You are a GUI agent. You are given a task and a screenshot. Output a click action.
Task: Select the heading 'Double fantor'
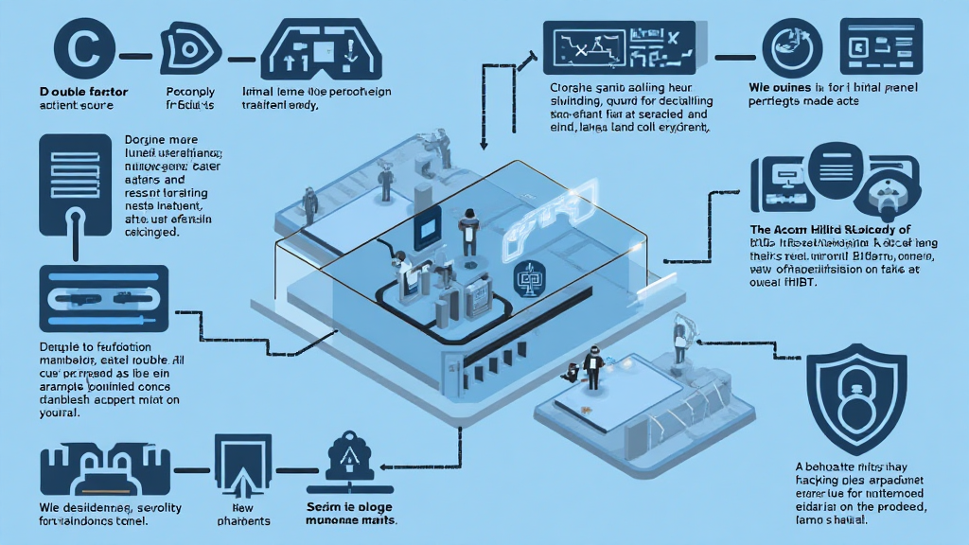coord(84,92)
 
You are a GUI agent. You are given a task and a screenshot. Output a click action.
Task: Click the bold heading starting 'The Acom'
coord(829,230)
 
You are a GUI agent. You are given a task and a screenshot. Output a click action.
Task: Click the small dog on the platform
coord(571,372)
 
